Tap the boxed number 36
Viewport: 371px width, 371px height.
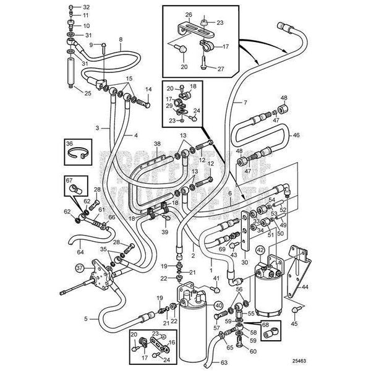[69, 143]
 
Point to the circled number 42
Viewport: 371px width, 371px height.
[260, 250]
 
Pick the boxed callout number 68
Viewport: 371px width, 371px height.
[265, 323]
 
